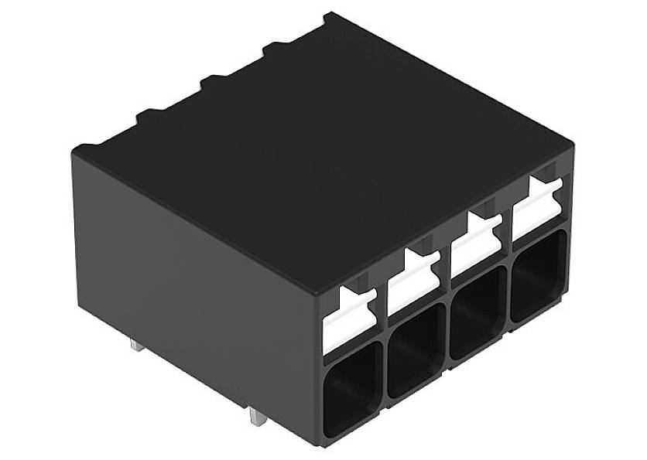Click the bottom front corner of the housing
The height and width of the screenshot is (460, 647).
(x=320, y=445)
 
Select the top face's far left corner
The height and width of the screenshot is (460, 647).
(x=74, y=149)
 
